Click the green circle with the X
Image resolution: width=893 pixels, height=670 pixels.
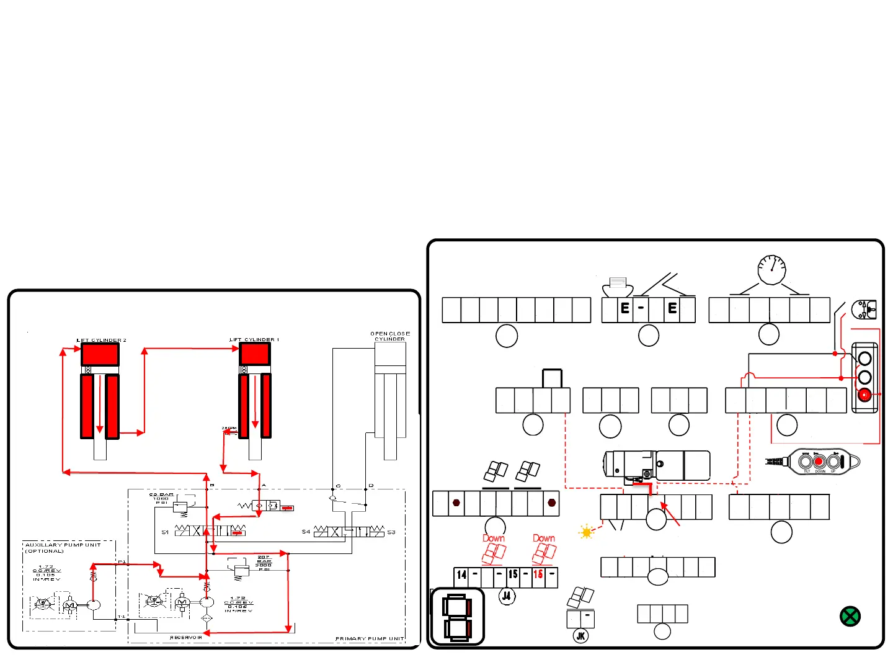(x=850, y=616)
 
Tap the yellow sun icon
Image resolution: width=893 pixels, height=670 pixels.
(x=586, y=532)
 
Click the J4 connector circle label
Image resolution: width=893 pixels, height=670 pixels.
(x=507, y=596)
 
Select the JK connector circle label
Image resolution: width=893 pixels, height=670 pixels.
(x=580, y=636)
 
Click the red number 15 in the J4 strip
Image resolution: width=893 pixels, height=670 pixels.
(x=538, y=574)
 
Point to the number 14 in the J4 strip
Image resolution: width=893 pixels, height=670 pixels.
(x=461, y=575)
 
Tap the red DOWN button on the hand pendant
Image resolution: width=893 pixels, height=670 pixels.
(x=819, y=462)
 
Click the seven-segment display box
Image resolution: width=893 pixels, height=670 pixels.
(x=458, y=617)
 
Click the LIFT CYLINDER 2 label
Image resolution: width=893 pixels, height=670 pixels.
(x=101, y=340)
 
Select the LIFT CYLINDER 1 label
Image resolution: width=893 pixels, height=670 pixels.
(x=254, y=339)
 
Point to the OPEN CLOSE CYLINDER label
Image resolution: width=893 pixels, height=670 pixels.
(x=390, y=336)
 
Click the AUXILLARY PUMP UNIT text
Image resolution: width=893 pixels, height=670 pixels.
(x=63, y=545)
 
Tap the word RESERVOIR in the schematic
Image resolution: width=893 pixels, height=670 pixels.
(x=186, y=637)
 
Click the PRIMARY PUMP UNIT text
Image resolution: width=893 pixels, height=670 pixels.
(x=370, y=638)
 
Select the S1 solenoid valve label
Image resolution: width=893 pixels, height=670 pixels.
(x=165, y=532)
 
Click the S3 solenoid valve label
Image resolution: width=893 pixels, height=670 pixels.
(x=391, y=532)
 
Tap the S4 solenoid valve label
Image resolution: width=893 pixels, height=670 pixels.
(x=306, y=532)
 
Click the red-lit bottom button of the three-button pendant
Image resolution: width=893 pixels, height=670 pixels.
(x=864, y=395)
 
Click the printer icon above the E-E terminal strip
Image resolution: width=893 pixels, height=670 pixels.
(x=618, y=284)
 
